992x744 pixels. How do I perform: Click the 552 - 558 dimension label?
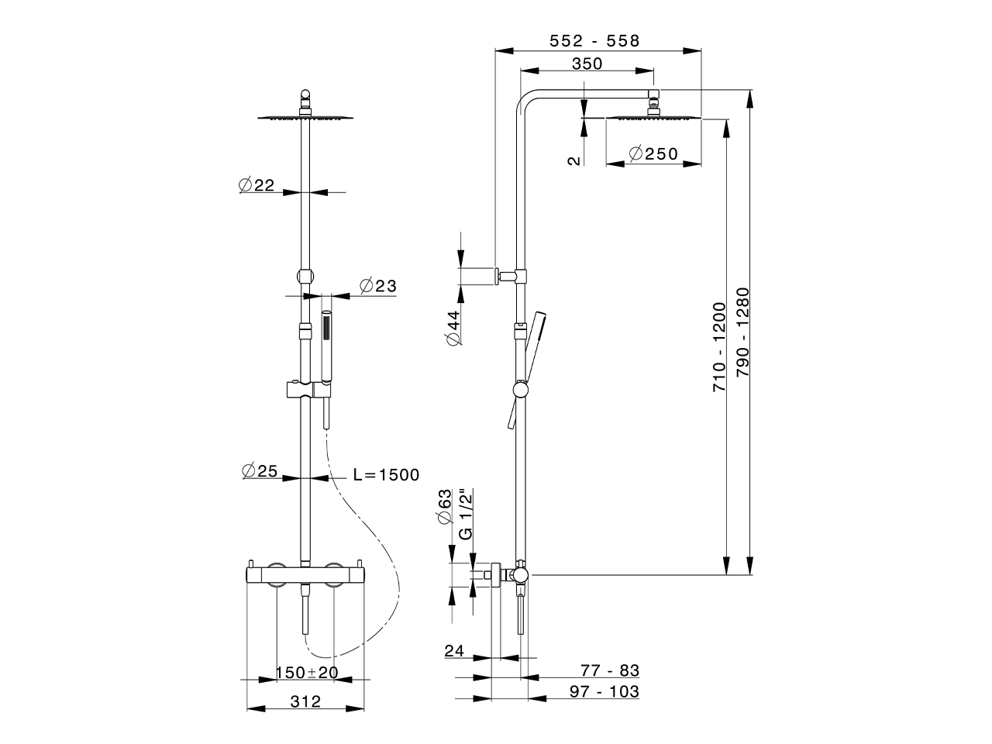pyautogui.click(x=594, y=41)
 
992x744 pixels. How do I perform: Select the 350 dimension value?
pyautogui.click(x=587, y=64)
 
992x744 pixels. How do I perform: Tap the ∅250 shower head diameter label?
pyautogui.click(x=653, y=153)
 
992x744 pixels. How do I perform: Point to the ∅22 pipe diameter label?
pyautogui.click(x=257, y=184)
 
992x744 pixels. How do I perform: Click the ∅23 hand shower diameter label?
pyautogui.click(x=377, y=286)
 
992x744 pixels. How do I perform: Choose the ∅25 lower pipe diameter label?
pyautogui.click(x=260, y=470)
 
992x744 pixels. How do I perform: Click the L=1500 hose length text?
pyautogui.click(x=385, y=475)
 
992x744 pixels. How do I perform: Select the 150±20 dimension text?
pyautogui.click(x=307, y=672)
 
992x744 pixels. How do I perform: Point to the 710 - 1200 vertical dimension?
pyautogui.click(x=719, y=346)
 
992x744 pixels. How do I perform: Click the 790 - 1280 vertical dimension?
pyautogui.click(x=742, y=333)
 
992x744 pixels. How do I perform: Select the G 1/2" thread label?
pyautogui.click(x=465, y=514)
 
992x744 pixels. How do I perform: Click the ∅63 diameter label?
pyautogui.click(x=445, y=507)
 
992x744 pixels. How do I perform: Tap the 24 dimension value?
pyautogui.click(x=454, y=652)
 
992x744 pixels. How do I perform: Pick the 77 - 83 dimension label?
pyautogui.click(x=610, y=670)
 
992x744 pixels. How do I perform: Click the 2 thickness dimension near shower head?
pyautogui.click(x=573, y=160)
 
